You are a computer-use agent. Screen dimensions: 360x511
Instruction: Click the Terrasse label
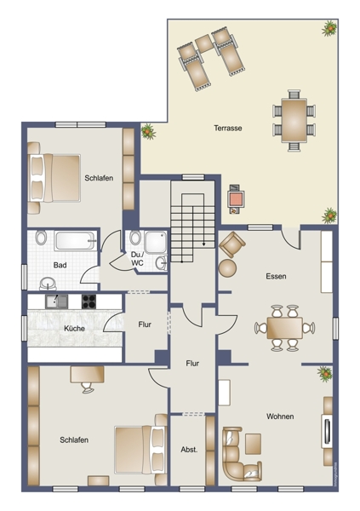[x=228, y=128]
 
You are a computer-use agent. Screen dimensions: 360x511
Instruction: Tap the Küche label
[x=74, y=328]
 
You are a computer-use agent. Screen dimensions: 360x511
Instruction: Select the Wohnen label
[x=280, y=416]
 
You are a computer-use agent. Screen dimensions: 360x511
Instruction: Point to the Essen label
[x=276, y=276]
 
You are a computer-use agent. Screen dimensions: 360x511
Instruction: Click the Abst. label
[x=189, y=450]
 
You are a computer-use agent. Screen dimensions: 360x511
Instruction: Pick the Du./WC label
[x=137, y=258]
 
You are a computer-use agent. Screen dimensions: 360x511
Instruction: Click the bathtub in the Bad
[x=76, y=240]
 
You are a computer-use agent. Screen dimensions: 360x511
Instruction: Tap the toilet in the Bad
[x=41, y=238]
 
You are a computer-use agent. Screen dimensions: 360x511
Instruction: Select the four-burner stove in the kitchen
[x=89, y=301]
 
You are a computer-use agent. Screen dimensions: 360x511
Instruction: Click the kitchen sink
[x=57, y=301]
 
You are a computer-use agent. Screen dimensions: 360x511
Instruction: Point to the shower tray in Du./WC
[x=156, y=242]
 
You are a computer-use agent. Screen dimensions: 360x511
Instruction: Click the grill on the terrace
[x=235, y=198]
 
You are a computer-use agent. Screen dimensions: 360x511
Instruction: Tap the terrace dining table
[x=294, y=120]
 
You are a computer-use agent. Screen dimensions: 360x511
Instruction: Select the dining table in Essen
[x=284, y=328]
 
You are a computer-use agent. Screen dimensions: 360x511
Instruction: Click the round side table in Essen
[x=227, y=268]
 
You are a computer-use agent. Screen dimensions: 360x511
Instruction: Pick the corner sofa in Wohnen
[x=241, y=455]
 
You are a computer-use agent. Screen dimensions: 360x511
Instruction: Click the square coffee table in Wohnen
[x=253, y=444]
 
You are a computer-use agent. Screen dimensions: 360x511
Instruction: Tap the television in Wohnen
[x=327, y=431]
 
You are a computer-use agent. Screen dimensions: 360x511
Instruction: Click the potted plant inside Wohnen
[x=325, y=374]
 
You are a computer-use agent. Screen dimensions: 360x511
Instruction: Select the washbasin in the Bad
[x=48, y=284]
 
